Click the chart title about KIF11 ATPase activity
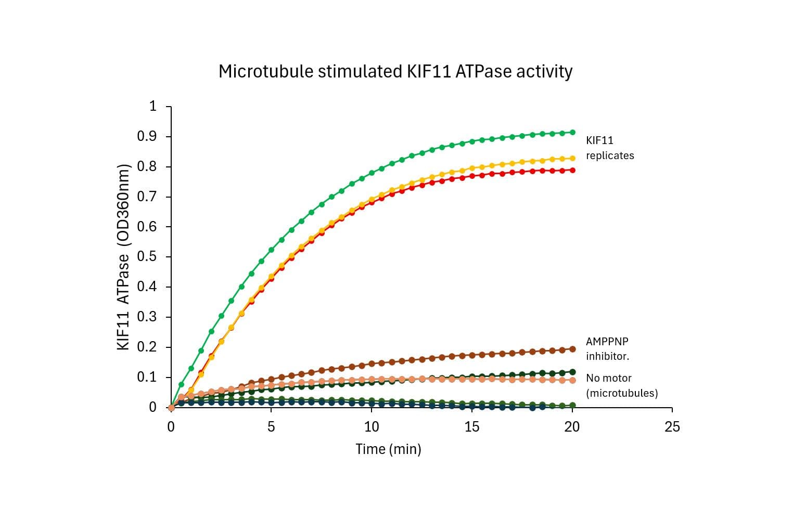click(x=395, y=71)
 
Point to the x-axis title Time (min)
click(x=388, y=449)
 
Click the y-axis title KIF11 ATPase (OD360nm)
click(x=123, y=257)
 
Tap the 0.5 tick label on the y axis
click(x=147, y=257)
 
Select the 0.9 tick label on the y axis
click(x=147, y=137)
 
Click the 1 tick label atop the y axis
click(x=152, y=107)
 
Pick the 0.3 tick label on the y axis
click(x=147, y=317)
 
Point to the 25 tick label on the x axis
click(x=672, y=427)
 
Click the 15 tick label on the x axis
click(x=471, y=427)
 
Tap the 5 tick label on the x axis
click(x=271, y=427)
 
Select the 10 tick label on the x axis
click(x=371, y=427)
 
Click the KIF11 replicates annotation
click(x=609, y=148)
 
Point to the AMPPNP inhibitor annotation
click(x=607, y=349)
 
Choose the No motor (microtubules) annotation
click(x=621, y=385)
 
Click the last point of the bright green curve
click(x=572, y=133)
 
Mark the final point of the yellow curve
click(x=572, y=158)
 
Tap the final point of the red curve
click(x=572, y=170)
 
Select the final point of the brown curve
click(x=572, y=349)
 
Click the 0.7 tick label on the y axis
click(x=147, y=197)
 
